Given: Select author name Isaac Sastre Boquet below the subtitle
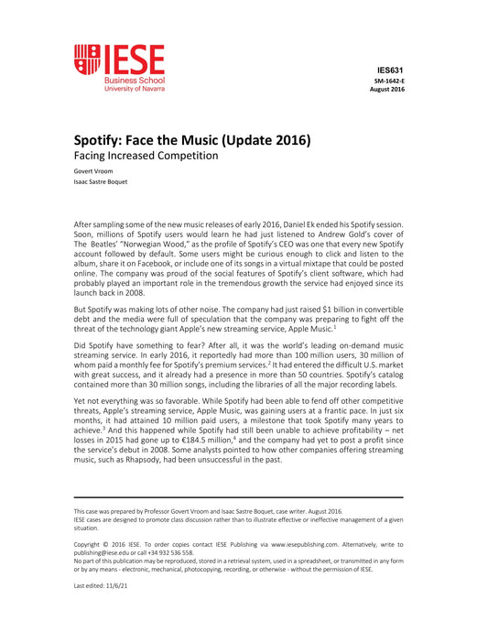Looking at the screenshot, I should (x=101, y=181).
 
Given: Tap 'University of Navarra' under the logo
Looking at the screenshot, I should (x=135, y=89).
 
